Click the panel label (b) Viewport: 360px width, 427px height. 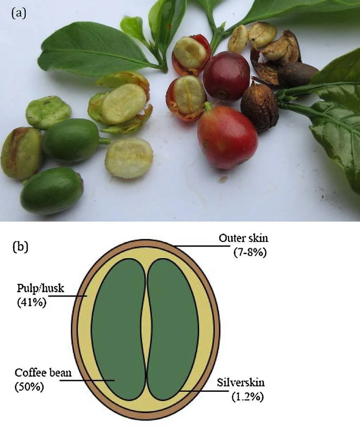(x=20, y=246)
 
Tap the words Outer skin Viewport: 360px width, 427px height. (x=243, y=238)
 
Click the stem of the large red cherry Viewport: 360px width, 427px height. (x=208, y=106)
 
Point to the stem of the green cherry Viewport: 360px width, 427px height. (x=104, y=141)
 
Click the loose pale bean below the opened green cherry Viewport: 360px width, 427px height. (x=129, y=158)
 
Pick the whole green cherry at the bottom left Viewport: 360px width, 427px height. (x=52, y=190)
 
